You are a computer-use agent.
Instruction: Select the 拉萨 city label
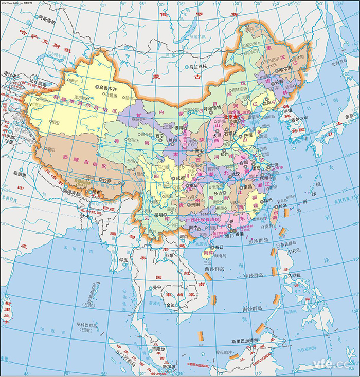[x=106, y=180]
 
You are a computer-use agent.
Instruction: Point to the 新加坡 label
[x=168, y=366]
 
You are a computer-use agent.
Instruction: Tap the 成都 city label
[x=181, y=178]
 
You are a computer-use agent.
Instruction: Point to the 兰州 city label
[x=177, y=140]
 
